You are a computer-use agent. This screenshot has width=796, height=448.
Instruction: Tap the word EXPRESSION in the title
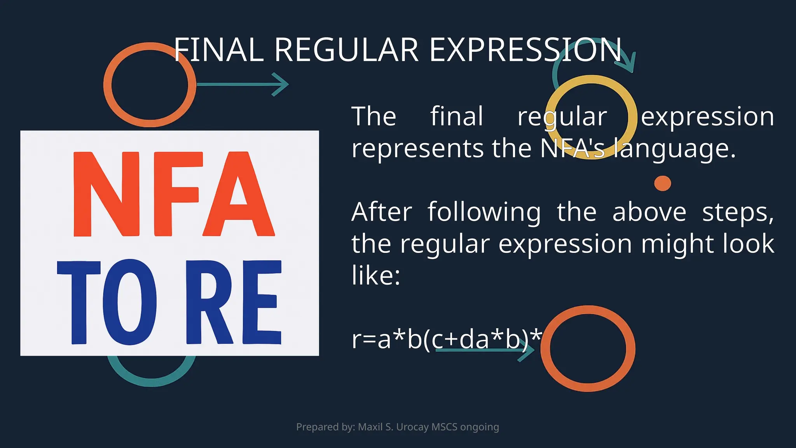coord(525,50)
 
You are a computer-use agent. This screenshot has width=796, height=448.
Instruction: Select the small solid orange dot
coord(662,183)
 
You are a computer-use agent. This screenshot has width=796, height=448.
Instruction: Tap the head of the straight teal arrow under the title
coord(282,84)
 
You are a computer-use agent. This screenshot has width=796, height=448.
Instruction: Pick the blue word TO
coord(107,303)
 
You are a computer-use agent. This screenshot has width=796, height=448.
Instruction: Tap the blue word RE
coord(233,303)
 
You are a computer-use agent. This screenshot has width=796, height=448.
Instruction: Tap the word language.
coord(675,149)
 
